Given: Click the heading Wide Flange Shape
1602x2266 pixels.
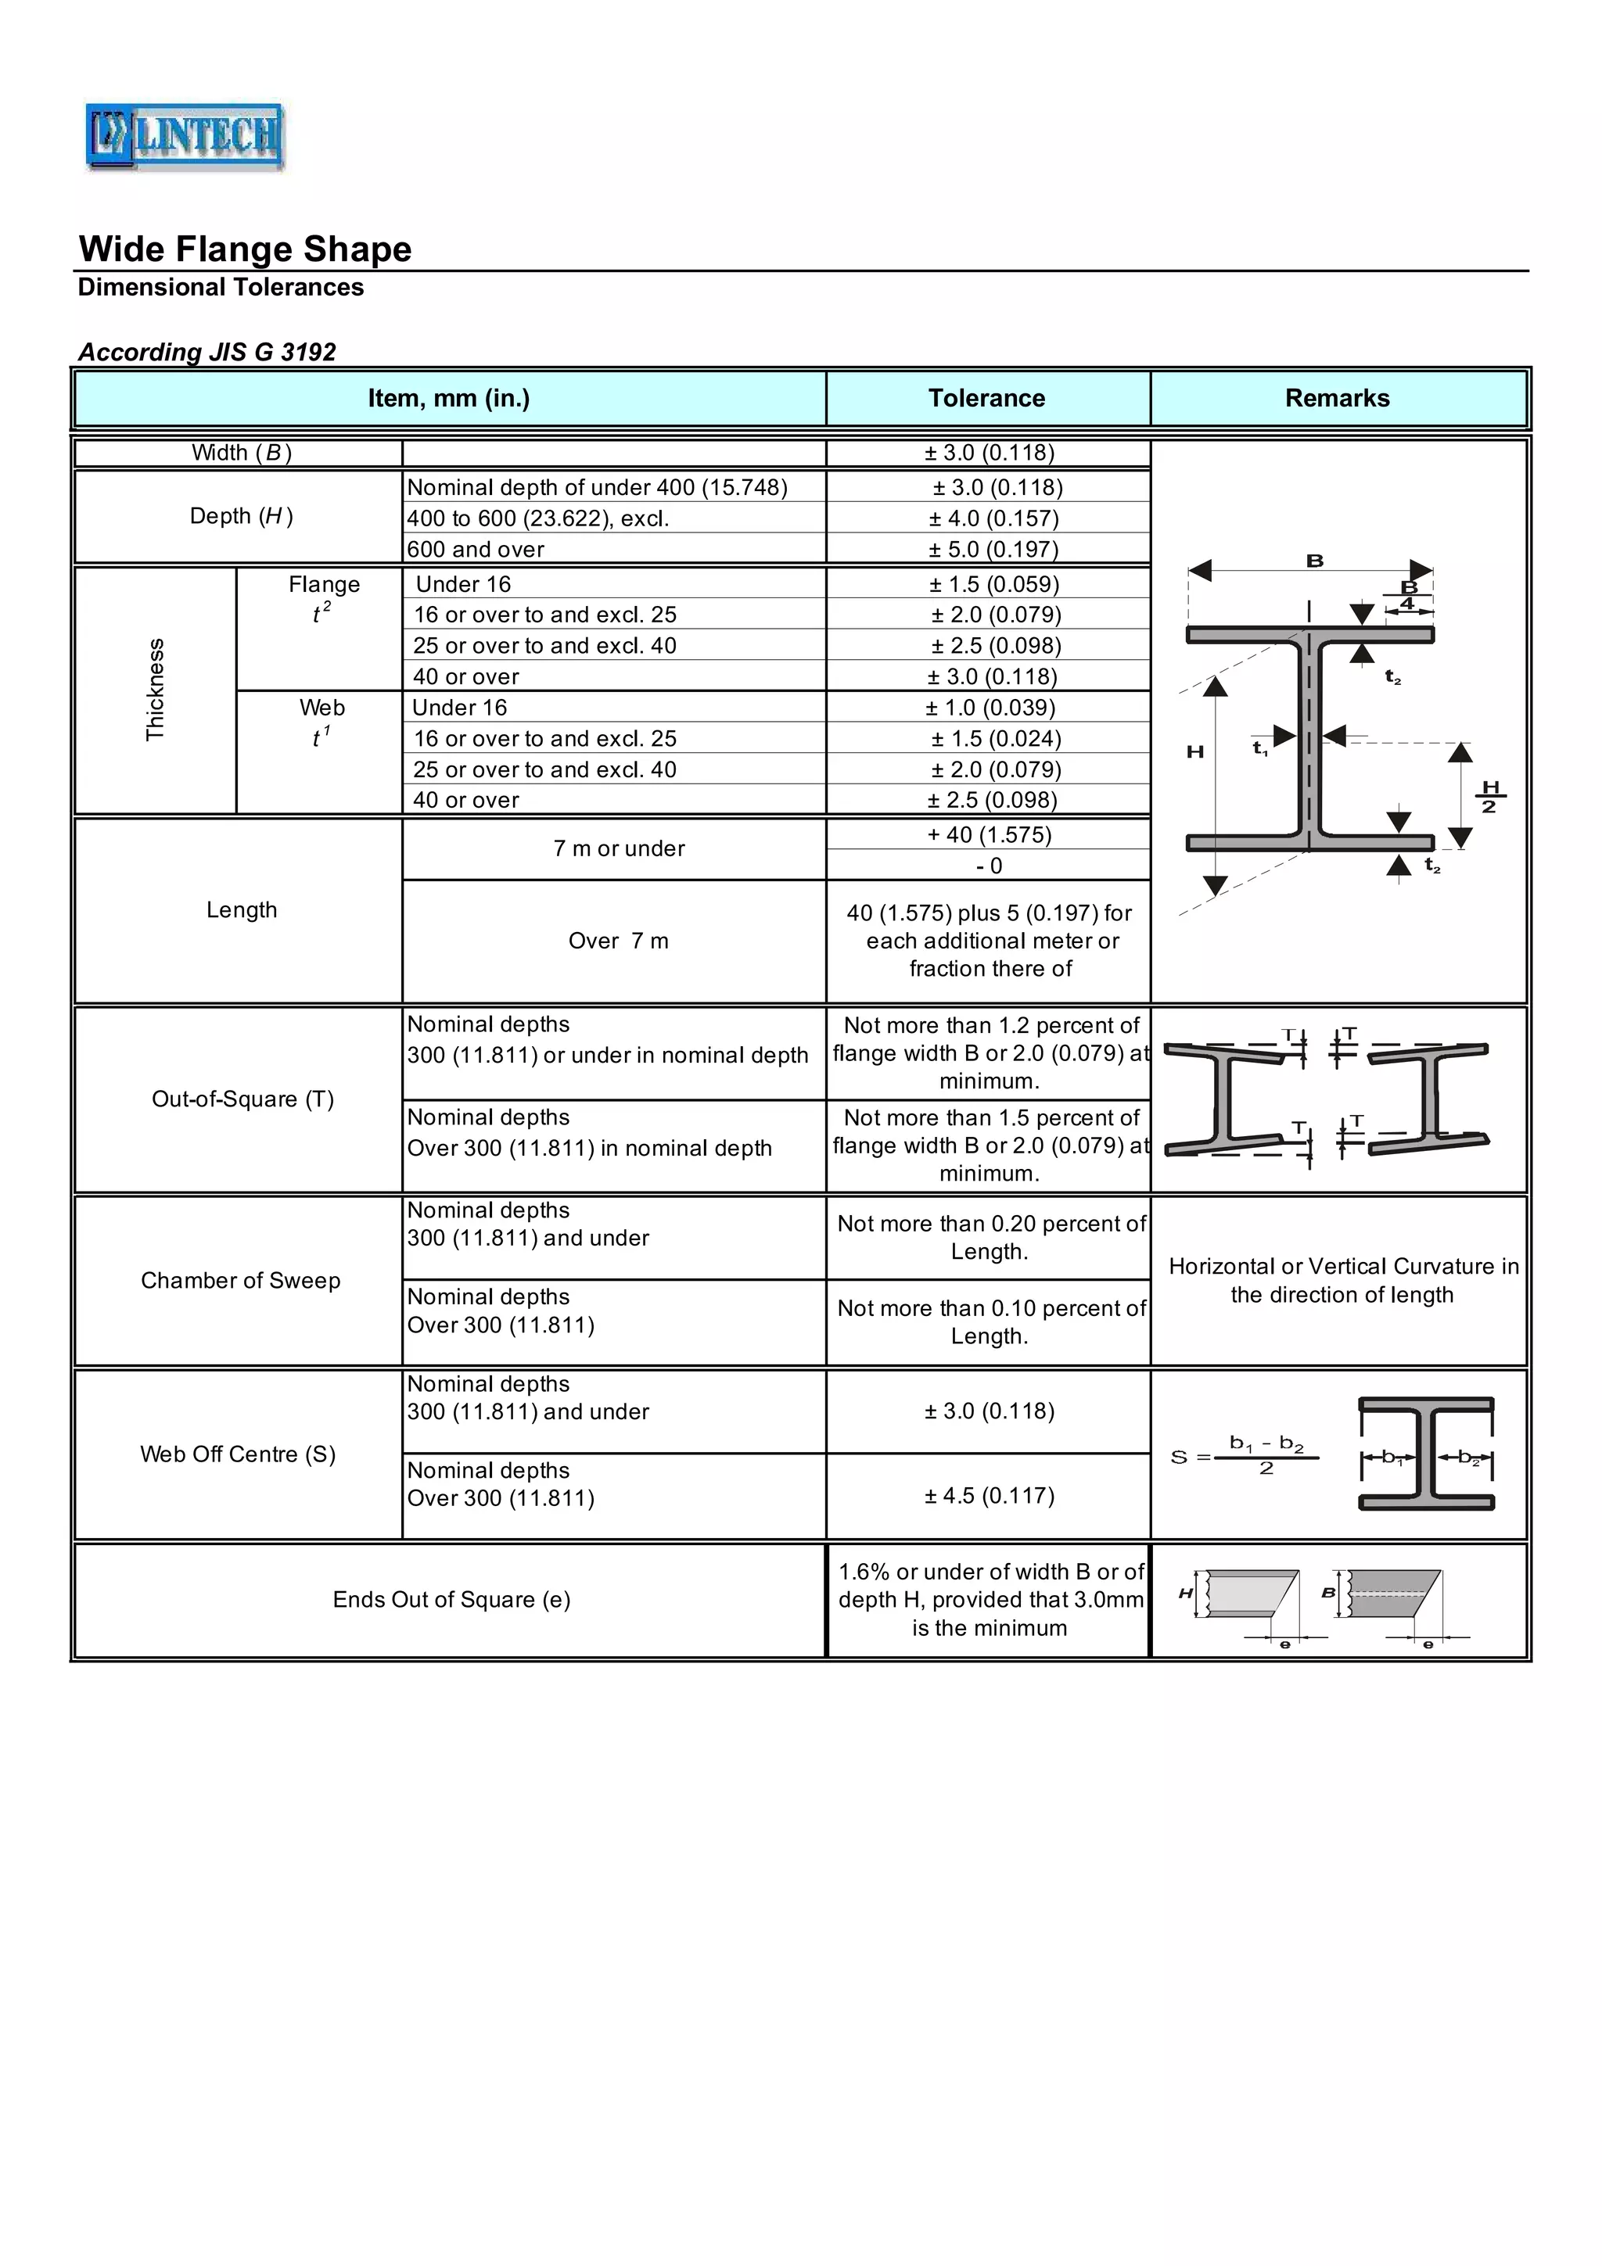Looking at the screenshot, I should tap(245, 249).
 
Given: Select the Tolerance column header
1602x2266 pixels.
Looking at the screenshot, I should tap(986, 398).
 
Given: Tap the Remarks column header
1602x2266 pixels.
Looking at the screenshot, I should tap(1337, 398).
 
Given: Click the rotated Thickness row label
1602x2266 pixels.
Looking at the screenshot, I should tap(155, 689).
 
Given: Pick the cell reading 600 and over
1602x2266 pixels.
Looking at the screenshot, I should tap(476, 549).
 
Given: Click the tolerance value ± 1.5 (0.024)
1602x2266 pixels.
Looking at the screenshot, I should tap(995, 738).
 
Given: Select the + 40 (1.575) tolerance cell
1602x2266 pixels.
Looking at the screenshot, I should tap(989, 834).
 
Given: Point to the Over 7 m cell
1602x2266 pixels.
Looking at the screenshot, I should tap(618, 941).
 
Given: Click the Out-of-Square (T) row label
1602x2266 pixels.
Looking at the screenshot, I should tap(242, 1099).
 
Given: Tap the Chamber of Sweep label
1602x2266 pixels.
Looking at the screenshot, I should tap(240, 1280).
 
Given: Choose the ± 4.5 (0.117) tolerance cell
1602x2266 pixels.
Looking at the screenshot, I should tap(989, 1495).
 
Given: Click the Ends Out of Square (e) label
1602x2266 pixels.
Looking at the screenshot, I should tap(451, 1599).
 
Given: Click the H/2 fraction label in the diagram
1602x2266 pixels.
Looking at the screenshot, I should tap(1489, 797).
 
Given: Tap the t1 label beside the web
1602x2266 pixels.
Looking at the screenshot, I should tap(1259, 749).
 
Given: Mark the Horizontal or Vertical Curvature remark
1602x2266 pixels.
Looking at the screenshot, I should tap(1342, 1280).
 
